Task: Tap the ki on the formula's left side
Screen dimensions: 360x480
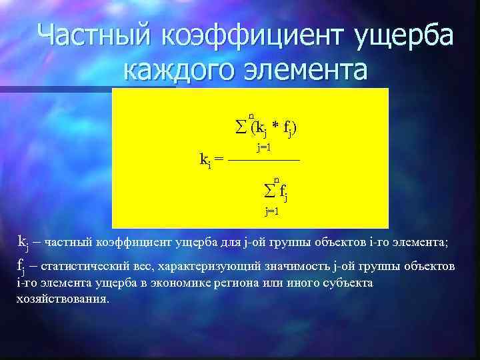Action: pos(206,159)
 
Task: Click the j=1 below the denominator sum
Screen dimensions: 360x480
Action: pos(272,212)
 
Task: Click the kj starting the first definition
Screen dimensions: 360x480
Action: pos(23,241)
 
